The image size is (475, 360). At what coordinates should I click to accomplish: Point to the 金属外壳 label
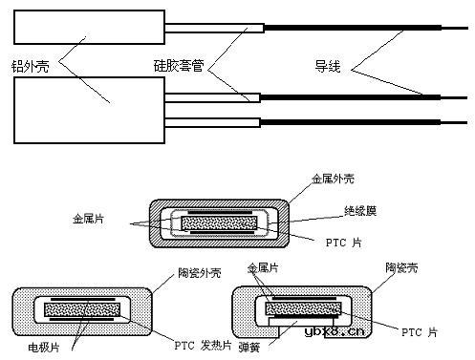coord(336,179)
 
